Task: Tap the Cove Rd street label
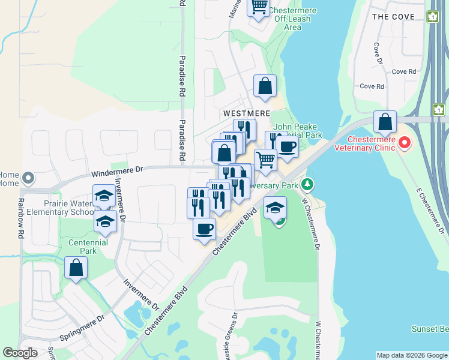(x=404, y=71)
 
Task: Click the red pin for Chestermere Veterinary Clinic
(x=405, y=143)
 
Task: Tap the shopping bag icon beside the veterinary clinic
(x=385, y=122)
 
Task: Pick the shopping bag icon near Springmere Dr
(x=76, y=268)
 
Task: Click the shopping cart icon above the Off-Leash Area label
(x=258, y=8)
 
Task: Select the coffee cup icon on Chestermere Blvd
(x=204, y=229)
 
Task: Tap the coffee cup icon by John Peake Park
(x=287, y=146)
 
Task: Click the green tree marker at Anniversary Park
(x=307, y=183)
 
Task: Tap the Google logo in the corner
(x=19, y=353)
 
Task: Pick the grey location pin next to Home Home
(x=28, y=178)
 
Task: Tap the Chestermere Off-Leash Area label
(x=292, y=19)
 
